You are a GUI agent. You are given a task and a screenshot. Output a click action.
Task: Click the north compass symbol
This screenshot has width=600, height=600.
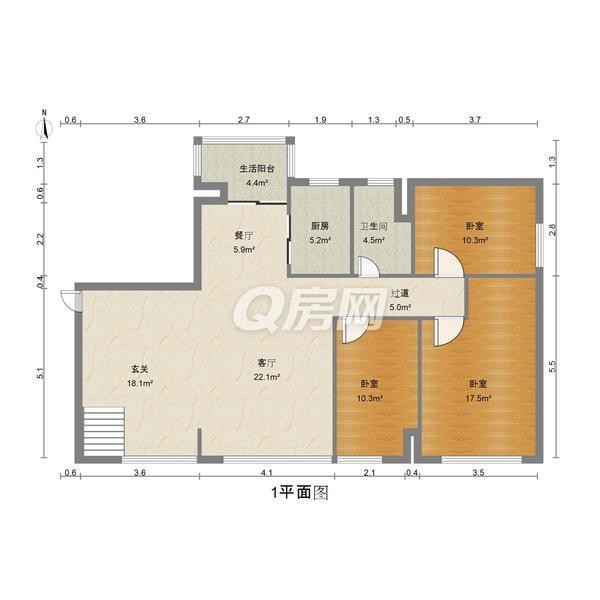point(45,125)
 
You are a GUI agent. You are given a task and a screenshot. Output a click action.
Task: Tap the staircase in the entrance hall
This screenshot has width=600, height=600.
point(104,431)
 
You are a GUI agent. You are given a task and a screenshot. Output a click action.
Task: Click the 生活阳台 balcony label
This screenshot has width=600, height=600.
point(257,168)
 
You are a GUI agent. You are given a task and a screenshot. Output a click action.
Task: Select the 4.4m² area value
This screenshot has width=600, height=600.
point(257,183)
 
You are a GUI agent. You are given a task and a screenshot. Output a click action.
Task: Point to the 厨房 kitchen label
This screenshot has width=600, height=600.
point(320,226)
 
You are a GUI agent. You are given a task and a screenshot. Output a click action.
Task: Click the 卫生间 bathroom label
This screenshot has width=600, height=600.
point(374,226)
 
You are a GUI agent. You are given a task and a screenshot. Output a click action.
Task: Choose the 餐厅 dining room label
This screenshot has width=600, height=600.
point(244,235)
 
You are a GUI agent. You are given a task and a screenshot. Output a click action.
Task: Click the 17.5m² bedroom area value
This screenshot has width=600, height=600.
point(478,398)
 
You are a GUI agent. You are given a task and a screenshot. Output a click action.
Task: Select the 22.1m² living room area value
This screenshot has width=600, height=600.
point(267,377)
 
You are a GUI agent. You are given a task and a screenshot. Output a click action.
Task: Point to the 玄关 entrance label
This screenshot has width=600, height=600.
point(140,369)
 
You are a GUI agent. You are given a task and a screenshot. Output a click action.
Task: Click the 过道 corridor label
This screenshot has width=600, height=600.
point(400,293)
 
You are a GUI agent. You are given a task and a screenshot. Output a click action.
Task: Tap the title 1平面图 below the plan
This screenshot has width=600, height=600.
point(300,492)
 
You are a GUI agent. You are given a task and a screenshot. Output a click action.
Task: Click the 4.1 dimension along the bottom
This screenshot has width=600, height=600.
point(267,473)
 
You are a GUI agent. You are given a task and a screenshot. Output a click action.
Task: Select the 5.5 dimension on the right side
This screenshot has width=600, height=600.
point(552,367)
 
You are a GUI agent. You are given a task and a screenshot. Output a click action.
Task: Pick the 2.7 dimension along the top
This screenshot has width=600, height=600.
point(244,120)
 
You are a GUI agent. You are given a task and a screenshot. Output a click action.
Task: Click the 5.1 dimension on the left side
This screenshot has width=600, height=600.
point(41,373)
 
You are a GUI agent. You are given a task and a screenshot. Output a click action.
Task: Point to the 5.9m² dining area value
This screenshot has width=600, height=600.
point(245,250)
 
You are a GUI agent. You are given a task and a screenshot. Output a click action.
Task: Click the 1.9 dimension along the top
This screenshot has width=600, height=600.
point(320,120)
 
